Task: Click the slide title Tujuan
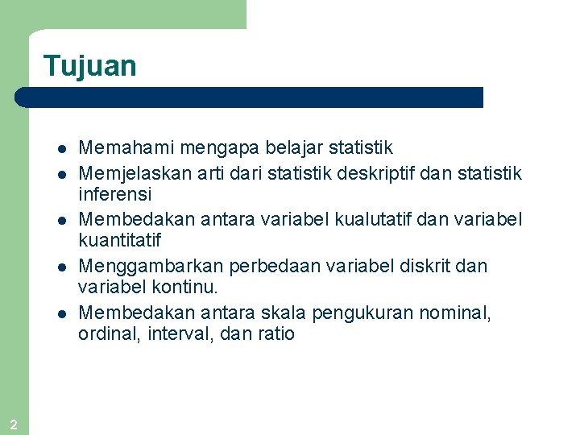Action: point(90,66)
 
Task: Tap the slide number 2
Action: point(14,425)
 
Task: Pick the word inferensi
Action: point(115,195)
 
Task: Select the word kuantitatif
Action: point(120,241)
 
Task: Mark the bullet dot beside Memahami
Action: point(60,149)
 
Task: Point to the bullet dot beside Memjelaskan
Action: point(60,174)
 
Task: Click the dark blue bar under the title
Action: point(250,97)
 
